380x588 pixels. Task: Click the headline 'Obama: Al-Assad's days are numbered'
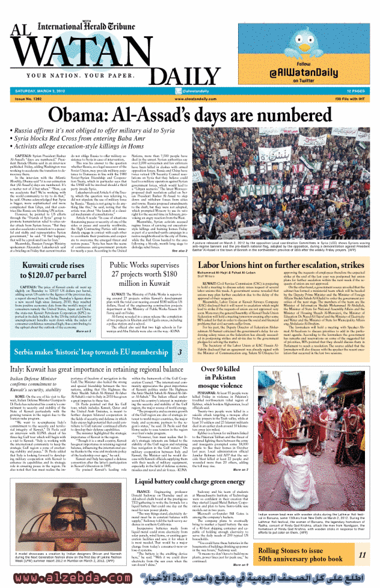tap(189, 114)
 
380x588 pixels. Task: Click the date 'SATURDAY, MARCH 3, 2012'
tap(43, 90)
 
